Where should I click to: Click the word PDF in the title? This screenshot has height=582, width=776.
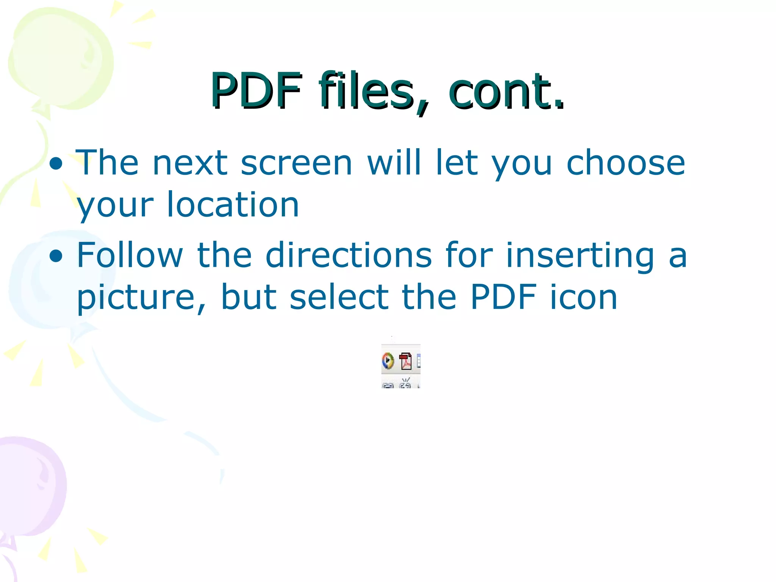(x=257, y=91)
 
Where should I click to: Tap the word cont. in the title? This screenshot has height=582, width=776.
(x=506, y=91)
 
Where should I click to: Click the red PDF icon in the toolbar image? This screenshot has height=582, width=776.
(x=405, y=361)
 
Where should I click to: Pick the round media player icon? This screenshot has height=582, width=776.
(x=388, y=361)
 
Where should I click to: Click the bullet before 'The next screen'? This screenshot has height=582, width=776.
(x=56, y=164)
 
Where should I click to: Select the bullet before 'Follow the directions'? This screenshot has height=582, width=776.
(x=56, y=256)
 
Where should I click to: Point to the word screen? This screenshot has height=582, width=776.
(x=296, y=163)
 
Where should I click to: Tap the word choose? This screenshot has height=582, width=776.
(x=625, y=163)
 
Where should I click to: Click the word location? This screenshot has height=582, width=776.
(x=233, y=205)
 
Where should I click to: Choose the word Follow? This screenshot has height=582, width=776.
(x=130, y=255)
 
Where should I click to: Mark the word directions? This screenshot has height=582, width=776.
(x=349, y=255)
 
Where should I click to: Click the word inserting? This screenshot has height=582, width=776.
(x=580, y=255)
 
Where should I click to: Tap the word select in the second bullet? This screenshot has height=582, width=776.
(x=339, y=297)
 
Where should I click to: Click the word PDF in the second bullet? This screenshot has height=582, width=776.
(x=504, y=297)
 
